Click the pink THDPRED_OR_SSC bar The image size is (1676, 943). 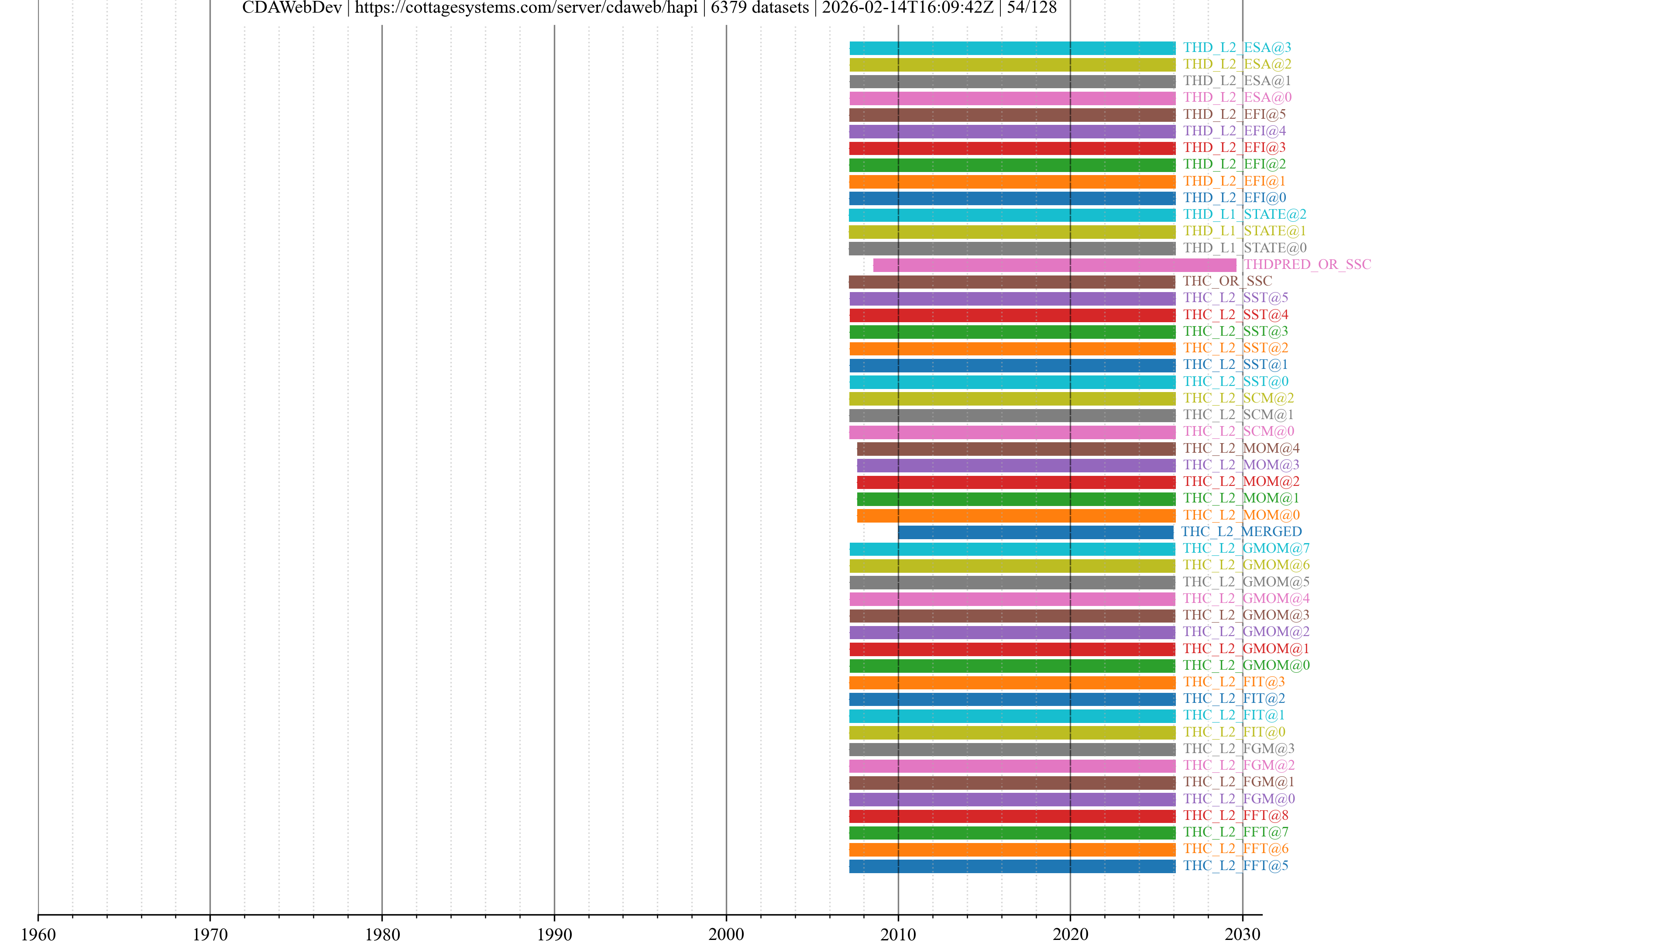(1054, 265)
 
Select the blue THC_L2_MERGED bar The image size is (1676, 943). (1036, 532)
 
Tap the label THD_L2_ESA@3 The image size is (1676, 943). (1237, 48)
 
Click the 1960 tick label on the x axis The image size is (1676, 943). (38, 934)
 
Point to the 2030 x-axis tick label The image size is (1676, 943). (1242, 934)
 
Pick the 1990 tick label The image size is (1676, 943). (554, 934)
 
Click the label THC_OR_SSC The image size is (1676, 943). (1227, 281)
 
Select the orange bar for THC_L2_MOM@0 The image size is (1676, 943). (1016, 516)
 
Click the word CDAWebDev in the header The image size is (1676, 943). (292, 8)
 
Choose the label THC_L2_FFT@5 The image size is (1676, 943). (1236, 866)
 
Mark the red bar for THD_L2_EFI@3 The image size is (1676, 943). (1013, 148)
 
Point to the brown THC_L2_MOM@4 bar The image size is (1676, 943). (1016, 449)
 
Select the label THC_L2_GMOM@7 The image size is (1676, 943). (1246, 549)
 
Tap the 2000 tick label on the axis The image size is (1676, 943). (726, 934)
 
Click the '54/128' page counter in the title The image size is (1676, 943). (1032, 8)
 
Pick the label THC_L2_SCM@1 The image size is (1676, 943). (1238, 415)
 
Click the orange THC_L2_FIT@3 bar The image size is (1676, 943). (1013, 683)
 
